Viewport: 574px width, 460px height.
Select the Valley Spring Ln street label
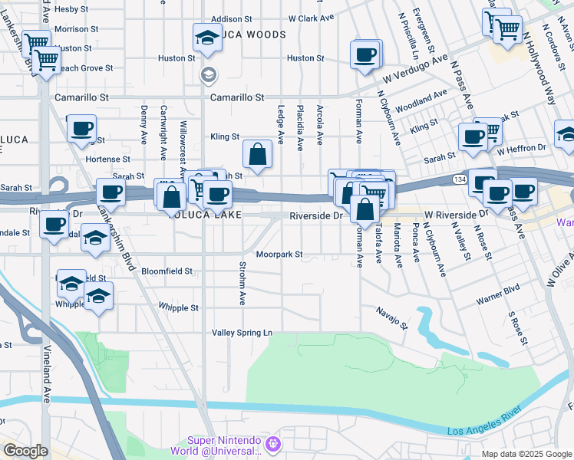click(x=242, y=333)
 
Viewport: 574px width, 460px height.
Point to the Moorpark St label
click(x=279, y=254)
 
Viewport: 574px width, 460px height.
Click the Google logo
click(x=25, y=451)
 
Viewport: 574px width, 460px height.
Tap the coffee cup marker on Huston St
click(x=365, y=54)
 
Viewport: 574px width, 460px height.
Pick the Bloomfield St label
click(x=167, y=271)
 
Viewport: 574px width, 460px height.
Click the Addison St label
click(x=231, y=18)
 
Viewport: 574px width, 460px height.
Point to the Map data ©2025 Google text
click(x=526, y=454)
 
